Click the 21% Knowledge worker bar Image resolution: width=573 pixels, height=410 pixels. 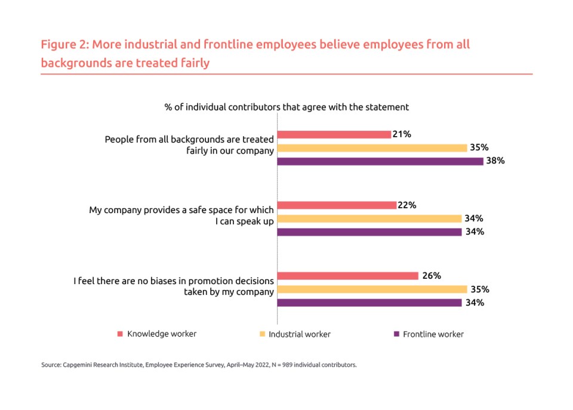(x=334, y=134)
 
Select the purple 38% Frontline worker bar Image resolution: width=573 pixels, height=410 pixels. (x=380, y=161)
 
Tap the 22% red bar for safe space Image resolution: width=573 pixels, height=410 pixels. (x=337, y=205)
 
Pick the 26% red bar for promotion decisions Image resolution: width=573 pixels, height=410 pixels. (x=348, y=276)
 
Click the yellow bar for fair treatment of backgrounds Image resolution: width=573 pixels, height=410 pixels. (x=372, y=147)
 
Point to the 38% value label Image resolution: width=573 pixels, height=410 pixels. (x=495, y=161)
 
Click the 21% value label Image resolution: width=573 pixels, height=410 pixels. (x=402, y=134)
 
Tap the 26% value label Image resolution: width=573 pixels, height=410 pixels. (x=431, y=276)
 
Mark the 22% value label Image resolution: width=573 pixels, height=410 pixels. (x=407, y=205)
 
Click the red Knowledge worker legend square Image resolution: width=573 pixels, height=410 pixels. (x=119, y=334)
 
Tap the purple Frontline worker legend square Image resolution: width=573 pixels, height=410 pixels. (x=395, y=334)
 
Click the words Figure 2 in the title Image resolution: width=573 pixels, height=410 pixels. (x=63, y=45)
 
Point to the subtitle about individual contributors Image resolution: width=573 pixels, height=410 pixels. (x=286, y=107)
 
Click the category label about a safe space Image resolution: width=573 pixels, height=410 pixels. (x=181, y=215)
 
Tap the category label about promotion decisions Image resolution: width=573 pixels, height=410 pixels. (x=174, y=286)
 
